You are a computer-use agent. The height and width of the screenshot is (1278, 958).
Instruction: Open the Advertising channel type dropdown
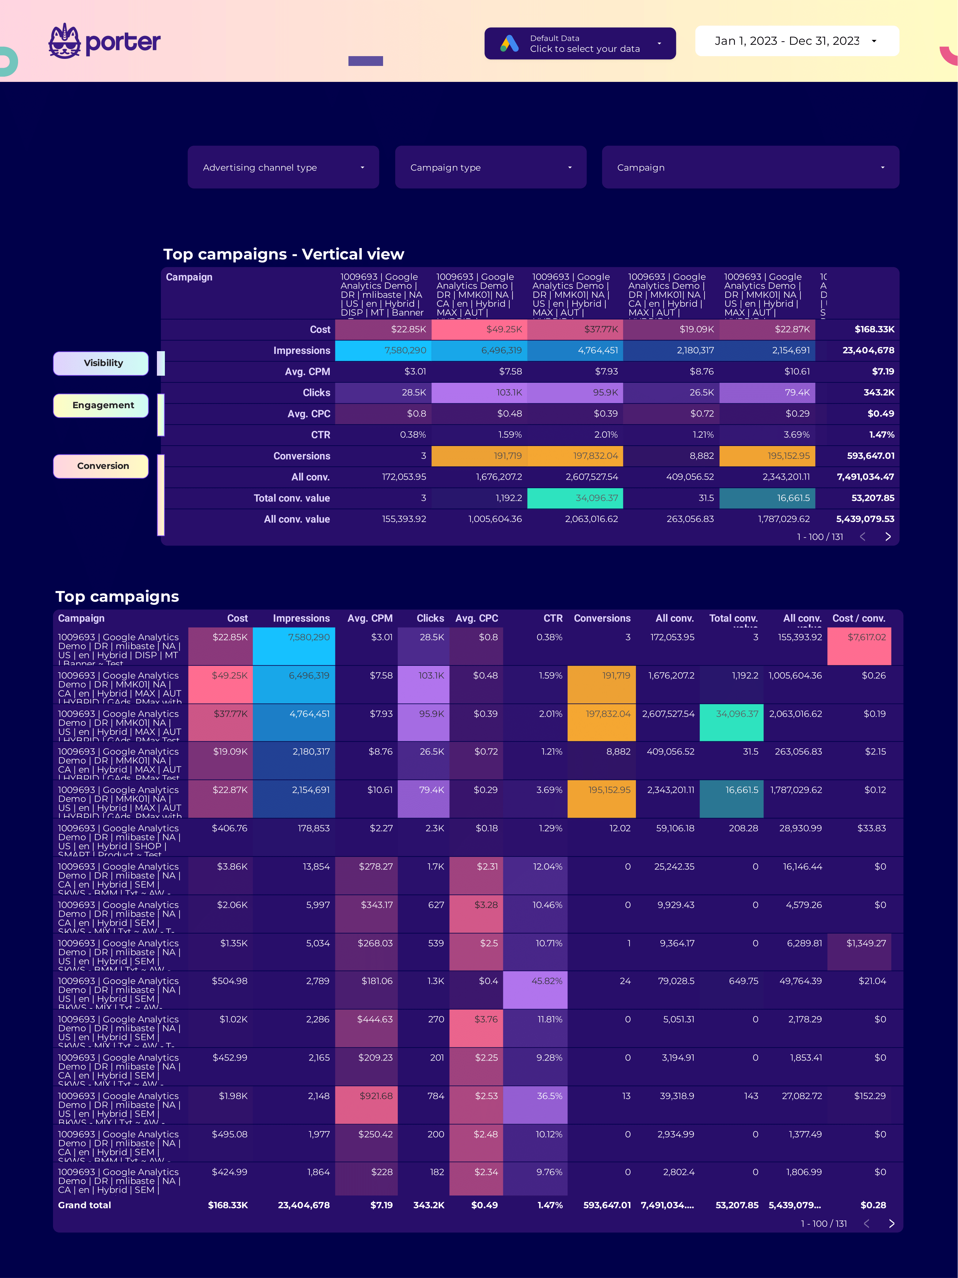point(283,167)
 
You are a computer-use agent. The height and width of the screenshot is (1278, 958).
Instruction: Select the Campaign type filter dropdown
point(490,167)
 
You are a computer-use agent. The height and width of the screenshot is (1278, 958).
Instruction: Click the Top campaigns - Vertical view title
point(283,254)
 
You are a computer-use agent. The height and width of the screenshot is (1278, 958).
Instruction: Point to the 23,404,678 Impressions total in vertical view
point(868,351)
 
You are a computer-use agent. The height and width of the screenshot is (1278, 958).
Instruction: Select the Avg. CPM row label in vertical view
point(307,371)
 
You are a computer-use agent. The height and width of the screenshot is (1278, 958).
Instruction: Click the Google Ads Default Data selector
point(580,43)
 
